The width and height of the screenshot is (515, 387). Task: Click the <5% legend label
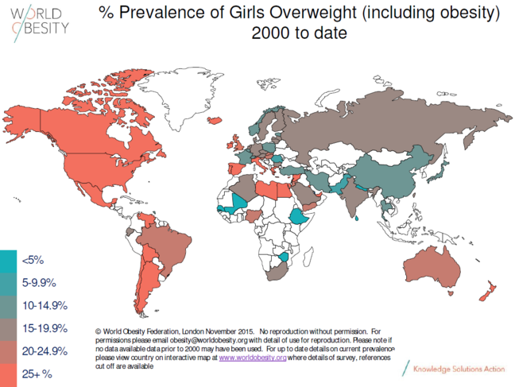33,260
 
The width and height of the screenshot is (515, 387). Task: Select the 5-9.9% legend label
39,282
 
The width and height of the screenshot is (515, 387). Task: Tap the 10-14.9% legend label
45,305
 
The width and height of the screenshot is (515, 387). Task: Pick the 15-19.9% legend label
45,327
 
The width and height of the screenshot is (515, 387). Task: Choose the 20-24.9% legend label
45,350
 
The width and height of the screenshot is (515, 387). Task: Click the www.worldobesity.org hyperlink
253,358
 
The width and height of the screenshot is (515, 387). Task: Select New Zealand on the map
486,291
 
